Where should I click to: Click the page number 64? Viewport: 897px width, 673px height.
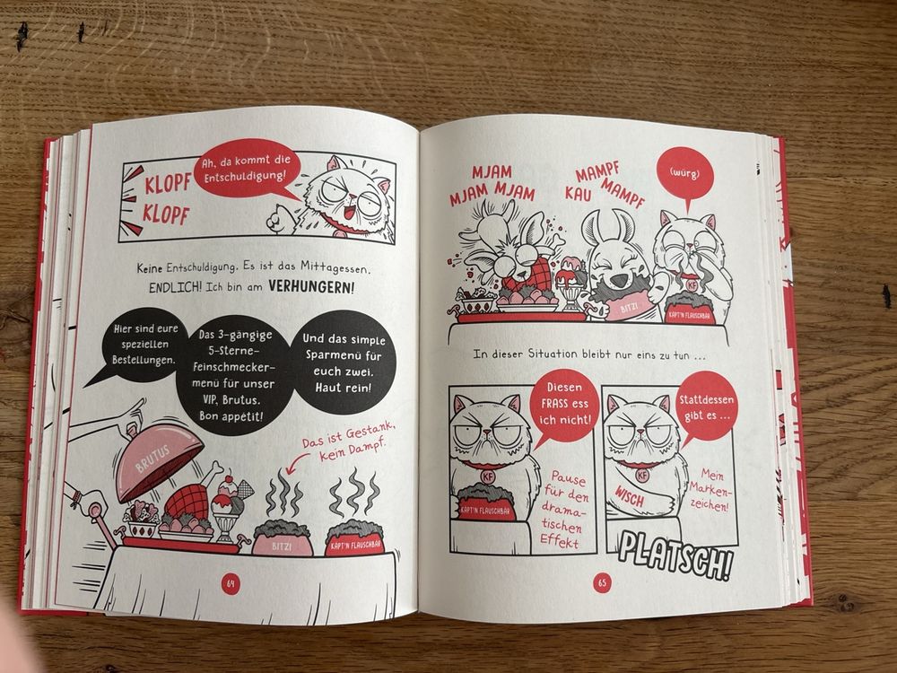[231, 584]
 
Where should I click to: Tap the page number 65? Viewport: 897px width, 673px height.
[602, 584]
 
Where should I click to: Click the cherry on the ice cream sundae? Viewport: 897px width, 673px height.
[230, 479]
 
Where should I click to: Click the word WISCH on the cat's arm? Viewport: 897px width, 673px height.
[629, 497]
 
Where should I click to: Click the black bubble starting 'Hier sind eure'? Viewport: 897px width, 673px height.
[137, 345]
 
